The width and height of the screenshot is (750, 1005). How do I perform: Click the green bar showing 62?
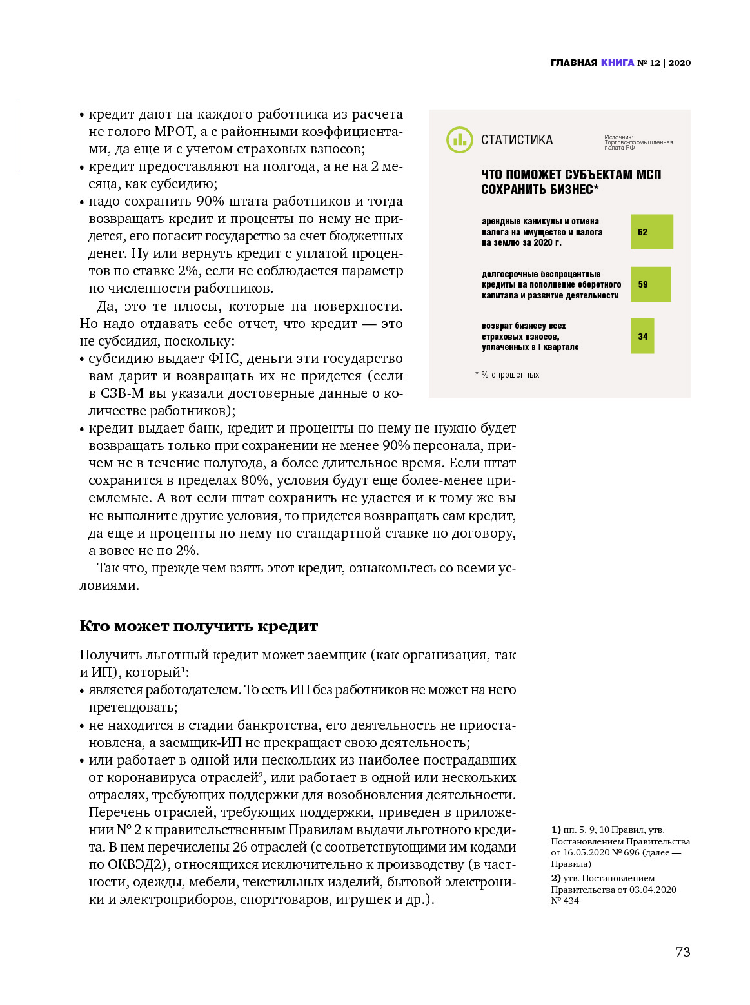click(x=651, y=232)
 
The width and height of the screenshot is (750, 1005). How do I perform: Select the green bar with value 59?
click(x=650, y=284)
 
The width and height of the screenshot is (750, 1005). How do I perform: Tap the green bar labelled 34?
click(x=642, y=337)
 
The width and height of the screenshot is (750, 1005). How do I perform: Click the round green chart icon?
click(x=459, y=140)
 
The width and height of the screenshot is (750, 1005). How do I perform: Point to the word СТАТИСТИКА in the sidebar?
click(x=517, y=140)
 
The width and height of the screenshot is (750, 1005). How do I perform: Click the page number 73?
click(x=682, y=952)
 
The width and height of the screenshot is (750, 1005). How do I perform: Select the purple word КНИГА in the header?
click(x=617, y=63)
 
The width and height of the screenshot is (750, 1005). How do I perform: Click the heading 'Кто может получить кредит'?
click(x=199, y=626)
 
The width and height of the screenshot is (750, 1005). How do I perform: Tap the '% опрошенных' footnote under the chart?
click(x=509, y=375)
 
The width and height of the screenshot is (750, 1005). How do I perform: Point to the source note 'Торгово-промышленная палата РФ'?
click(x=638, y=142)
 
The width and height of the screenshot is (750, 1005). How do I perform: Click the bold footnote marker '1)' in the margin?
click(x=556, y=830)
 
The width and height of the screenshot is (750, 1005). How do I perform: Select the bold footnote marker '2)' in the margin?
click(x=556, y=878)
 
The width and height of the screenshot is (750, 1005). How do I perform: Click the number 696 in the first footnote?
click(x=631, y=852)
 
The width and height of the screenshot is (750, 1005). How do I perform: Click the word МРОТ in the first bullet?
click(x=174, y=132)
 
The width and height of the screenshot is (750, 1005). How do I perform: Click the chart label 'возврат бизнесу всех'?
click(x=524, y=326)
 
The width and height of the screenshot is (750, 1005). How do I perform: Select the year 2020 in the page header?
click(x=680, y=63)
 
